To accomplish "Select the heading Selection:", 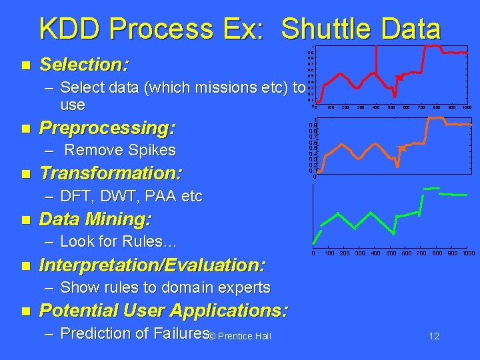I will pyautogui.click(x=84, y=65).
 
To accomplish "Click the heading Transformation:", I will pyautogui.click(x=110, y=173).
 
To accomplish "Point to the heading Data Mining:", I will pyautogui.click(x=95, y=219).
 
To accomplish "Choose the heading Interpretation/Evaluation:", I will pyautogui.click(x=153, y=265).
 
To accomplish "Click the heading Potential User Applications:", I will pyautogui.click(x=164, y=311).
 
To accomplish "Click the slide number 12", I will pyautogui.click(x=433, y=337).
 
